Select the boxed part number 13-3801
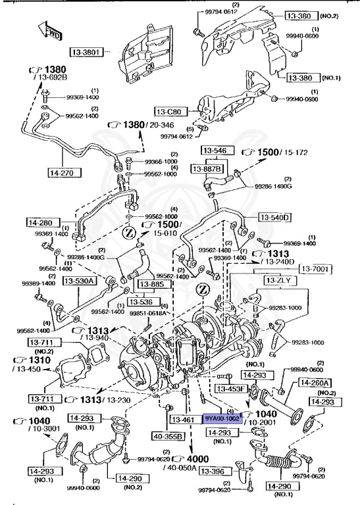coord(88,50)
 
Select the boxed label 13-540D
coord(274,217)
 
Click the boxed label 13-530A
coord(80,281)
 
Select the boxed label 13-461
coord(183,418)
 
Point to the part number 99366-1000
coord(161,161)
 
